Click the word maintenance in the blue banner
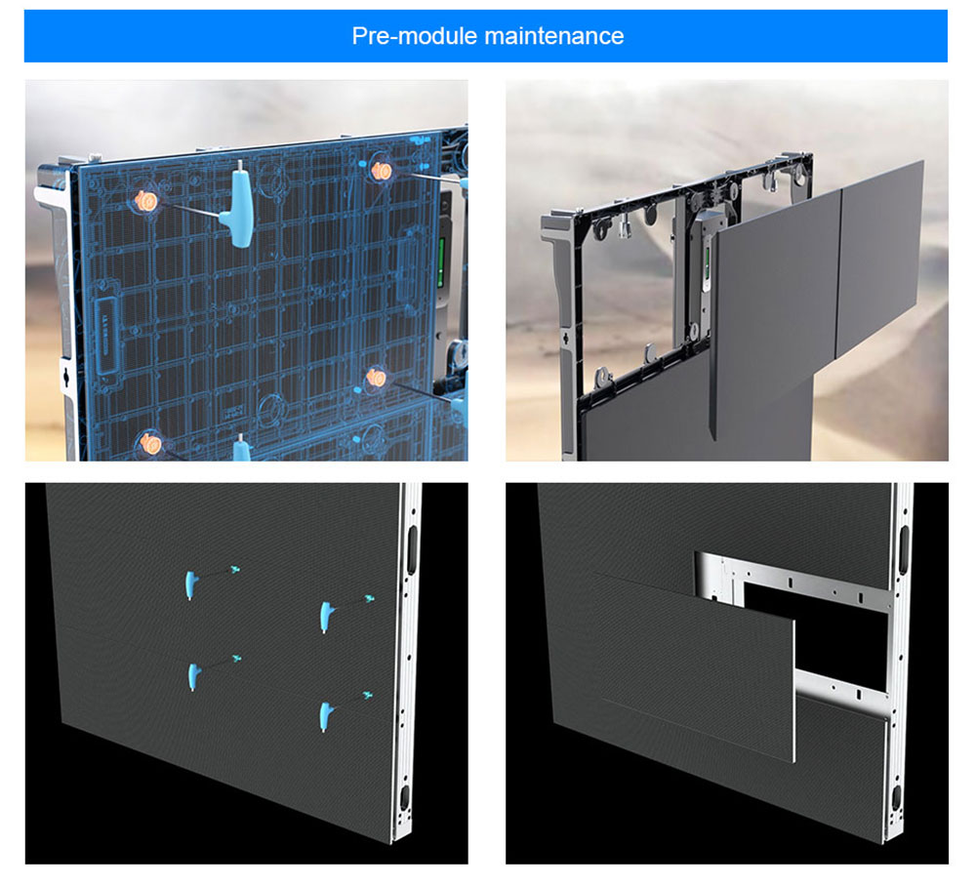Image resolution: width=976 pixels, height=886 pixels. [x=554, y=36]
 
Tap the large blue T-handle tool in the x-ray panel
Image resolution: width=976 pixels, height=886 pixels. [x=241, y=204]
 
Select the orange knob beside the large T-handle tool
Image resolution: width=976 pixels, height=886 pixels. [x=147, y=200]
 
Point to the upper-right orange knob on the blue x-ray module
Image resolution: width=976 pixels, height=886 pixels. [x=381, y=171]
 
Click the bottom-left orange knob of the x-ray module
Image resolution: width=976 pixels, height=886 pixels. [x=150, y=444]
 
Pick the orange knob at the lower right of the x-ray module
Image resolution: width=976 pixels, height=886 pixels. [x=377, y=377]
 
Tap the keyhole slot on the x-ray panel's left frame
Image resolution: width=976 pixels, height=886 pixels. [x=66, y=375]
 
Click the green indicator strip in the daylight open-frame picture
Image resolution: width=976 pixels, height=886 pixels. [x=708, y=265]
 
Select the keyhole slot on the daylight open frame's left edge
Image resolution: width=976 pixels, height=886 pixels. [x=565, y=340]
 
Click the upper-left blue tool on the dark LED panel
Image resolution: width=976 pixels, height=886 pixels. [x=190, y=584]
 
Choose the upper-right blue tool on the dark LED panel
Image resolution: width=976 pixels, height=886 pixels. [x=326, y=617]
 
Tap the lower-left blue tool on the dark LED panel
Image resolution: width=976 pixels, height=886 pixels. [x=193, y=677]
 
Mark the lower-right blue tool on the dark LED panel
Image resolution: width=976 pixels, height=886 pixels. [x=325, y=716]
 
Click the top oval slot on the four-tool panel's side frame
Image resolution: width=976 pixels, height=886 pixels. [x=412, y=550]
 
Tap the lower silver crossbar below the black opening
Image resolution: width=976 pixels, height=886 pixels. [x=842, y=690]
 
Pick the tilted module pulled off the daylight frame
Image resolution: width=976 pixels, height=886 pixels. [x=774, y=311]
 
